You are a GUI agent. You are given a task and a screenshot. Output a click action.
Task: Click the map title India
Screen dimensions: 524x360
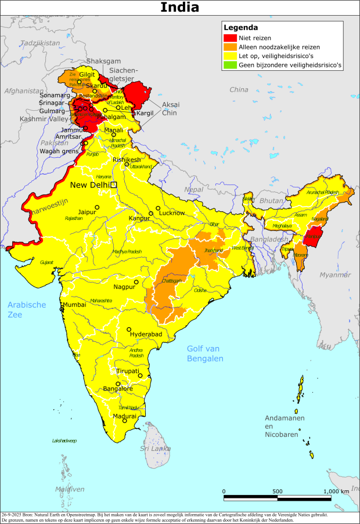point(179,8)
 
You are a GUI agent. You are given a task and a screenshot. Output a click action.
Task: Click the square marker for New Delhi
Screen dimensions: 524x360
point(114,185)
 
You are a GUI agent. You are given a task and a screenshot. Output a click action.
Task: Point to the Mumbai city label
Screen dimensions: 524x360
point(74,305)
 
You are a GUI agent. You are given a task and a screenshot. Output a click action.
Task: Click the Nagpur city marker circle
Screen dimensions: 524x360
point(136,282)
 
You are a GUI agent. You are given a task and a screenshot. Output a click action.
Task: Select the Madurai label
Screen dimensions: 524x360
point(125,416)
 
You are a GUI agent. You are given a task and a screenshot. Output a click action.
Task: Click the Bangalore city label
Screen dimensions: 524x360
point(117,389)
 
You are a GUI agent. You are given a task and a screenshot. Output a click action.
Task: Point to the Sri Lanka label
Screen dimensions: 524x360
point(155,449)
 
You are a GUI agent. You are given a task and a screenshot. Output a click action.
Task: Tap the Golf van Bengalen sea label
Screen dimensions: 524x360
point(205,353)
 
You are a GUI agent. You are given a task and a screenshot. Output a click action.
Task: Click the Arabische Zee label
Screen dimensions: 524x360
point(27,309)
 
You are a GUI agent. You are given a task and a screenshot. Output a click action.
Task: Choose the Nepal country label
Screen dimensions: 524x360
point(194,190)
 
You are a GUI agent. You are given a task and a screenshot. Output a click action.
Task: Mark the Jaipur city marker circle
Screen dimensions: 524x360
point(98,207)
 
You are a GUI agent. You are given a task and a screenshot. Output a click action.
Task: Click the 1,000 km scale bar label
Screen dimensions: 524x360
point(337,491)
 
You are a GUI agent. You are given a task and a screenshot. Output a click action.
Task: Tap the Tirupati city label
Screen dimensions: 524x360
point(127,371)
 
